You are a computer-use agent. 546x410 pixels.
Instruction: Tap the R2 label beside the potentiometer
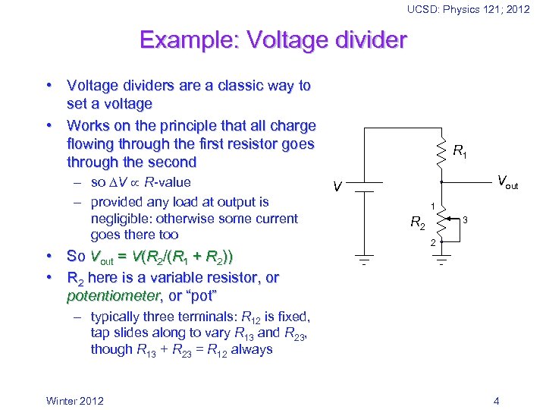pos(418,223)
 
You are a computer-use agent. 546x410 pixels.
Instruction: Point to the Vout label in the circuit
pos(507,182)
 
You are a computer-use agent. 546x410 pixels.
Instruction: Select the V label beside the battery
pos(338,187)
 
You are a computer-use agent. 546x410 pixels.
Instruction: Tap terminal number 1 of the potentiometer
pos(432,207)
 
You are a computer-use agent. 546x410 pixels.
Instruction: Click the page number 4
pos(496,401)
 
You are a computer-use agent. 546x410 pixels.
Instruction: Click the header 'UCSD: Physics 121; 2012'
pos(468,9)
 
